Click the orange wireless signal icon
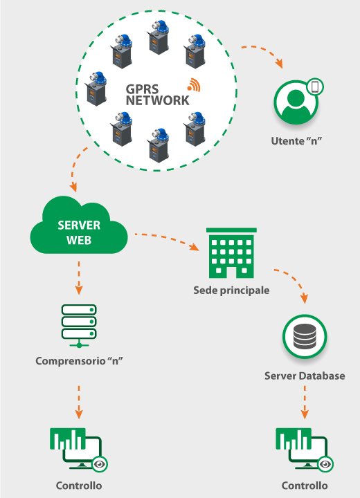point(194,85)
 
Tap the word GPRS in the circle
point(142,89)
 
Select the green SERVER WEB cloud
point(79,225)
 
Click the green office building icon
point(231,253)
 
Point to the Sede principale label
point(231,290)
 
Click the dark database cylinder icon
point(305,336)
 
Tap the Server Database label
point(305,376)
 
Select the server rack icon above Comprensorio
point(79,326)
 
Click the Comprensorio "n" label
point(79,361)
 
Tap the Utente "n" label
point(296,140)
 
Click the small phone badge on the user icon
point(315,86)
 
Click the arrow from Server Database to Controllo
point(305,402)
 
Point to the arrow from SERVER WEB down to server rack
point(79,278)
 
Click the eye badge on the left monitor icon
point(100,464)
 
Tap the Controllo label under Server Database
point(305,486)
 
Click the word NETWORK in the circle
point(157,100)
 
